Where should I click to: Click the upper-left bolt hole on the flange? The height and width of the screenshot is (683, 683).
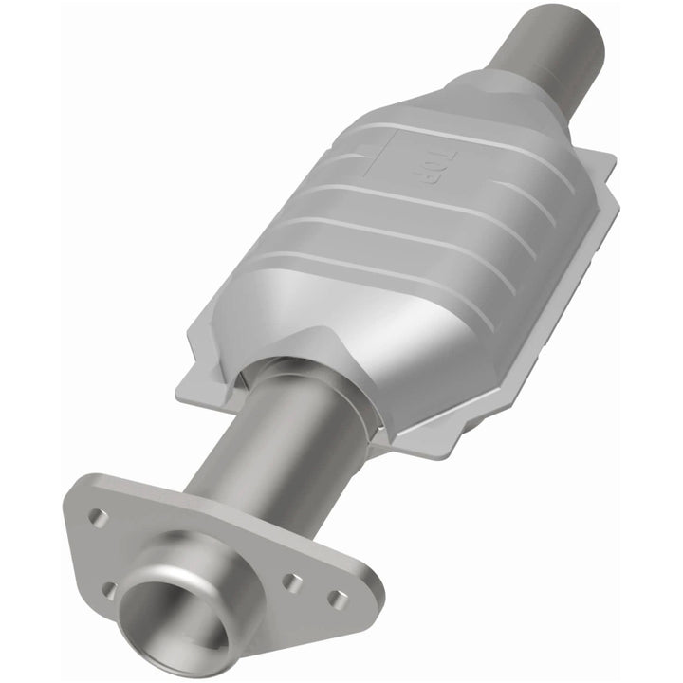[97, 517]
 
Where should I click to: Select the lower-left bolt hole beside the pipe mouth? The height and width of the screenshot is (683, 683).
[110, 590]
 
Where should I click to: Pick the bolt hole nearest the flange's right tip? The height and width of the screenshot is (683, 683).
[337, 598]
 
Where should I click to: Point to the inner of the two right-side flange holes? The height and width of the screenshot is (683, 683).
[294, 582]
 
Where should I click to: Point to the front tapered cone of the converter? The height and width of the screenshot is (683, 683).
[285, 313]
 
